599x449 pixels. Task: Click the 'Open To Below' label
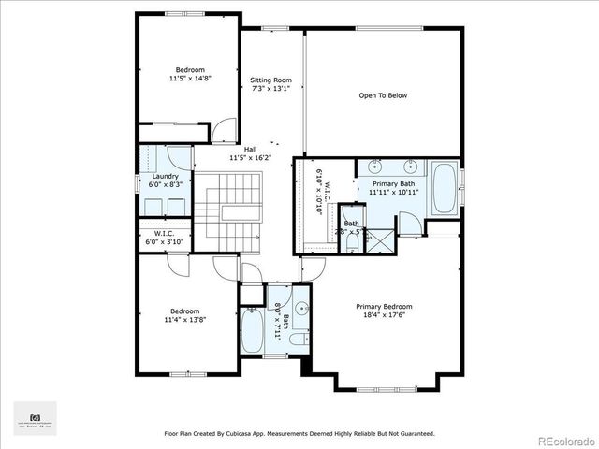tap(384, 95)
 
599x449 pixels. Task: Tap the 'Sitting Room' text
tap(271, 80)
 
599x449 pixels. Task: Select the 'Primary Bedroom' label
tap(384, 306)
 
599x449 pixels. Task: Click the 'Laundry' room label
tap(166, 177)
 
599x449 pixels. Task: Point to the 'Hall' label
tap(250, 150)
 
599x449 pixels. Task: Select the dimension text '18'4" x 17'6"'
tap(384, 314)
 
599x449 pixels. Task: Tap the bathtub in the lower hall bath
tap(252, 333)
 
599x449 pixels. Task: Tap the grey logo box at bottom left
tap(36, 418)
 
